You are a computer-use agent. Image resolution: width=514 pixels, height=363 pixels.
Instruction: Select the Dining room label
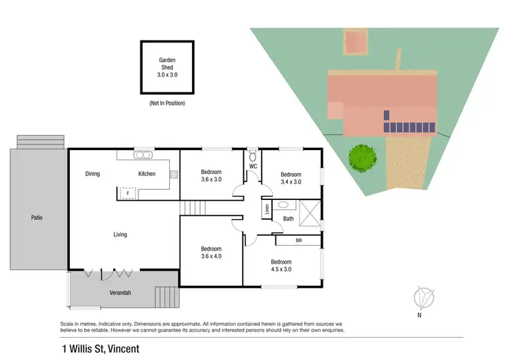tap(93, 174)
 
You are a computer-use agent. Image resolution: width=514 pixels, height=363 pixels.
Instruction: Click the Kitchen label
tap(147, 174)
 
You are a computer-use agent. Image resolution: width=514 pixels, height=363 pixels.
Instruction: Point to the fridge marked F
tap(127, 193)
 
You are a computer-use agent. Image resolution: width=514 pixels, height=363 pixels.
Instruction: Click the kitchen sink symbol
tap(143, 155)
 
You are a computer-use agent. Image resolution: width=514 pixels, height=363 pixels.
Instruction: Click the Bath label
tap(288, 218)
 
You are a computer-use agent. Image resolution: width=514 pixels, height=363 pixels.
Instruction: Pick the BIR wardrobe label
tap(298, 240)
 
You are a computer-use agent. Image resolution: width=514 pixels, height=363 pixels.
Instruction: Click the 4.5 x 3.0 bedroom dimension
tap(281, 269)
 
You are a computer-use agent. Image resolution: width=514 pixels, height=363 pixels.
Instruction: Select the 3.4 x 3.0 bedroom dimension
tap(291, 182)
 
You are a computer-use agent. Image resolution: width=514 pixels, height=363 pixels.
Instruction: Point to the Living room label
tap(120, 235)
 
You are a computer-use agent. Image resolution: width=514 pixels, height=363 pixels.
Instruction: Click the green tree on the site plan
tap(363, 158)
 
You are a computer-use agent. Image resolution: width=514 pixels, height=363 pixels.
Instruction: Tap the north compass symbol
tap(424, 298)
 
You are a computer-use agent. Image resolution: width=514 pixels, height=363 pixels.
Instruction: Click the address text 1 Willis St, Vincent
tap(99, 349)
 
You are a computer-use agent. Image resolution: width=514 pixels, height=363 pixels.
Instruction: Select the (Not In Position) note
tap(167, 103)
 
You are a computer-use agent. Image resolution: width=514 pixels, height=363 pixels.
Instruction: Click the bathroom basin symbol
tap(283, 204)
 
